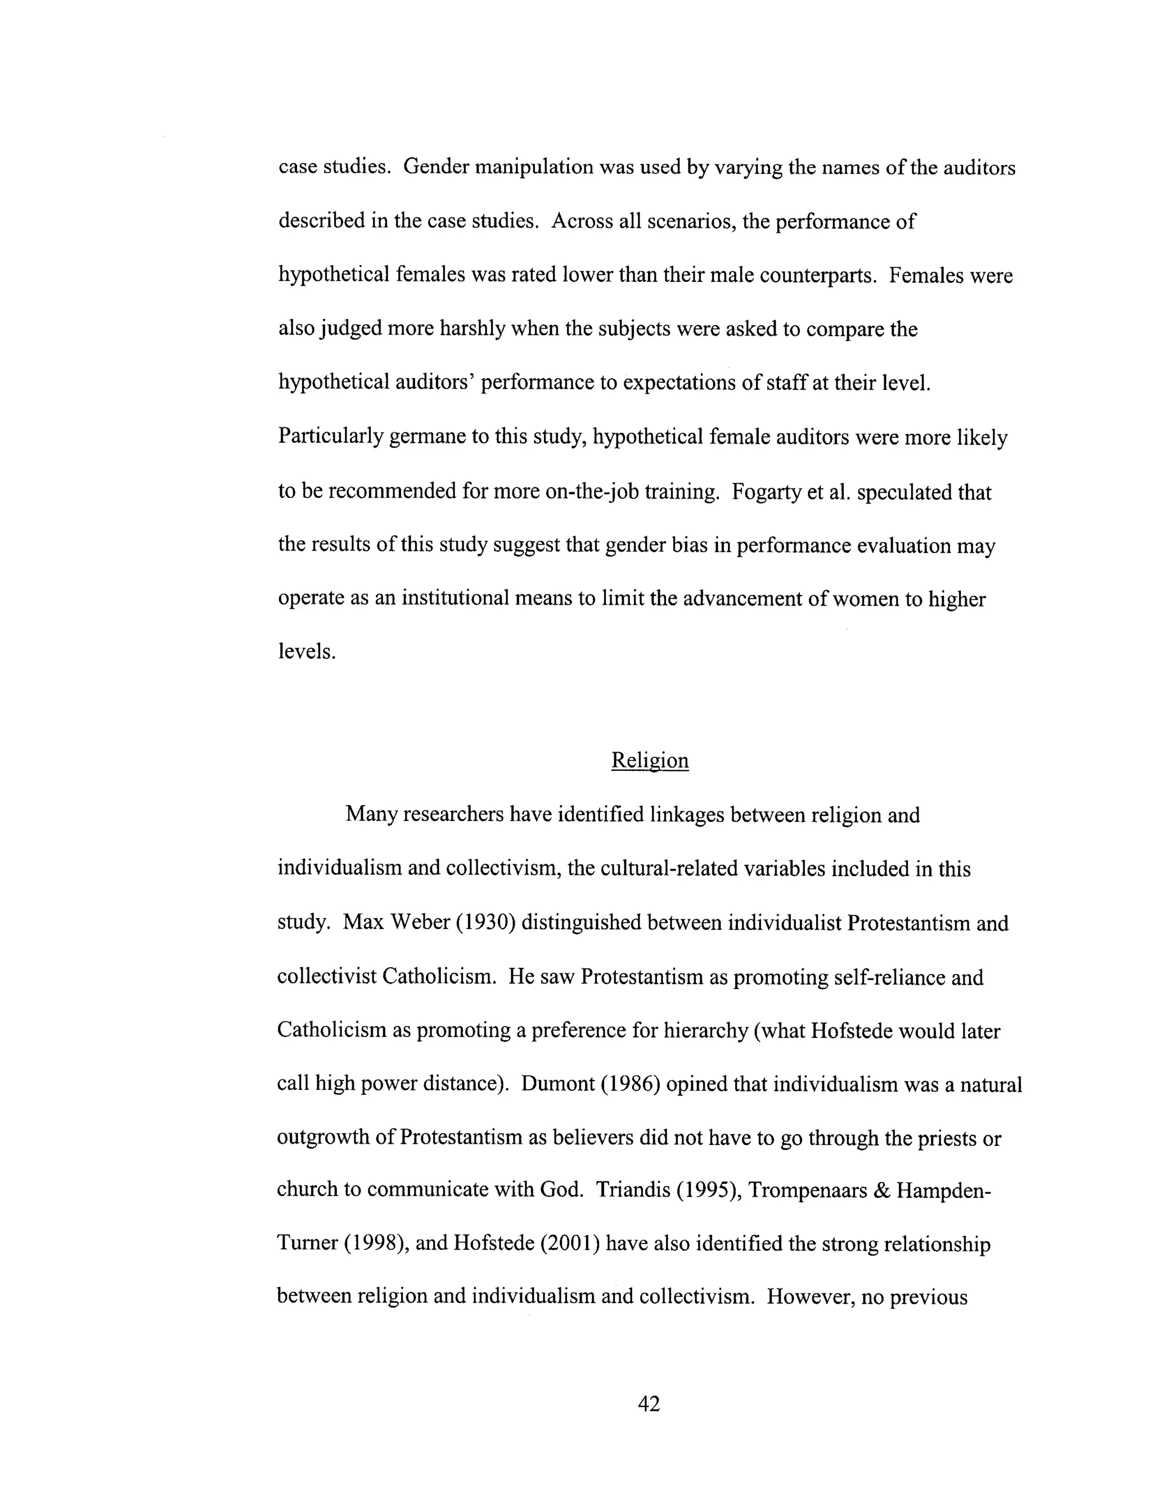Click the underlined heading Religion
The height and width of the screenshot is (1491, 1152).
649,761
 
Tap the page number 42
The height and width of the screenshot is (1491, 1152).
649,1404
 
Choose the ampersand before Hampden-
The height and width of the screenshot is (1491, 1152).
883,1191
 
